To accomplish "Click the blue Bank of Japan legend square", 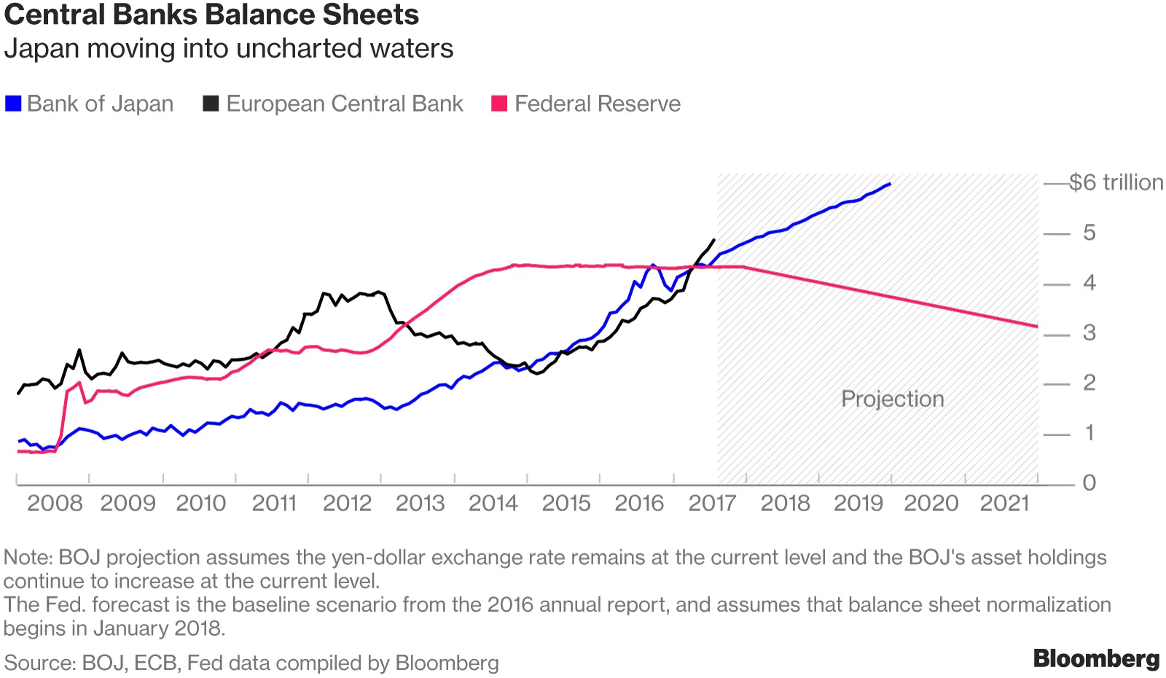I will [x=13, y=104].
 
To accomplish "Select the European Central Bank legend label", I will [x=344, y=104].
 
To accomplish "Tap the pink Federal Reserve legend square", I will [x=499, y=104].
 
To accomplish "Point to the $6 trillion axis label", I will [x=1115, y=182].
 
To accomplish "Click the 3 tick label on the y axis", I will [x=1089, y=333].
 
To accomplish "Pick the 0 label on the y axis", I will [x=1089, y=483].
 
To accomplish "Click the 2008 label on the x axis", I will [x=55, y=503].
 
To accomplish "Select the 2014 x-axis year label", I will [x=493, y=503].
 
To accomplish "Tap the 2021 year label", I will [x=1004, y=503].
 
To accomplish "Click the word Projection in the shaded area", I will [x=892, y=399].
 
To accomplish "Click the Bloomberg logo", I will [x=1096, y=658].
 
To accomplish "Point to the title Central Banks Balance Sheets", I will [x=211, y=15].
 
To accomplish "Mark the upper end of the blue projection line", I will [x=890, y=184].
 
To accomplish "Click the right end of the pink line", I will [x=1036, y=326].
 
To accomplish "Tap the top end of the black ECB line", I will [x=713, y=240].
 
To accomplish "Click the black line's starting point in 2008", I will [x=18, y=394].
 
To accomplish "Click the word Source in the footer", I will [x=37, y=663].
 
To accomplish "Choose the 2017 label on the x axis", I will [x=712, y=503].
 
